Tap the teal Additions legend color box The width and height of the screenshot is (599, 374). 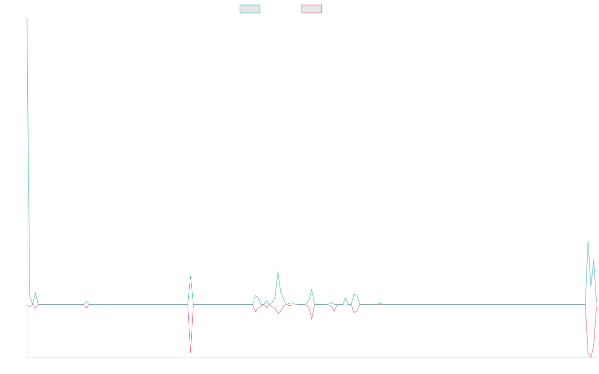[x=250, y=9]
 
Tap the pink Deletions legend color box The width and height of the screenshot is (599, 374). [x=312, y=9]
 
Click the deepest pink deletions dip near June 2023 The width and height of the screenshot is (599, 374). [x=191, y=352]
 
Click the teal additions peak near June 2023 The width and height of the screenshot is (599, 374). [x=191, y=276]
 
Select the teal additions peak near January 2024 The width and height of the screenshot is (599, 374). [x=278, y=271]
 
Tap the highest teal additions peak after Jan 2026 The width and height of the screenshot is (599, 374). [x=588, y=241]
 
